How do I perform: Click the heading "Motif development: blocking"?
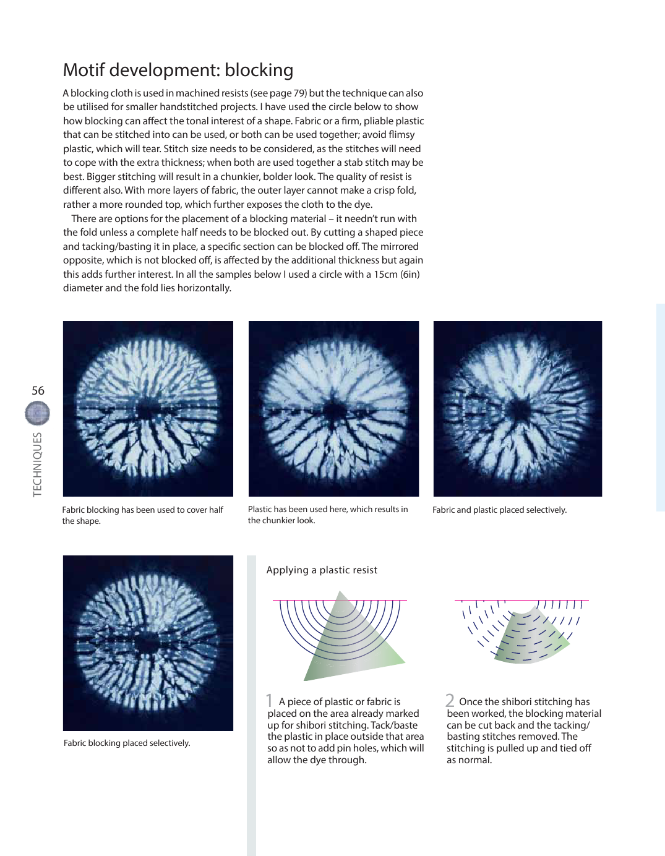click(178, 70)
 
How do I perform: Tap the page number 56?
click(38, 390)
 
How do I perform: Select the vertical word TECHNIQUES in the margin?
click(38, 464)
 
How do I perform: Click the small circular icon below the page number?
click(37, 413)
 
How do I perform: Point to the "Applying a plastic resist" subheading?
click(322, 570)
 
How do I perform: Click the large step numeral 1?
click(269, 700)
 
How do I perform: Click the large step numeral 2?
click(450, 700)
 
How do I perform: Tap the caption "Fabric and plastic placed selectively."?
click(499, 510)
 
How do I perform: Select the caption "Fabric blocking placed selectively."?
click(127, 743)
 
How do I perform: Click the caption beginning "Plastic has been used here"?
click(328, 515)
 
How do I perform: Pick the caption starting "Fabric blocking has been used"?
click(142, 515)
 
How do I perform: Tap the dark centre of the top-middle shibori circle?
click(335, 411)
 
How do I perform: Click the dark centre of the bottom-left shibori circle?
click(148, 644)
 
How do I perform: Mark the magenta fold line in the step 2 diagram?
click(521, 600)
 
